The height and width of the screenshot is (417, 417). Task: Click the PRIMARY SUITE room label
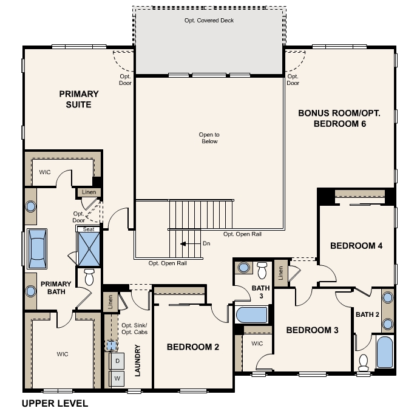[x=79, y=99]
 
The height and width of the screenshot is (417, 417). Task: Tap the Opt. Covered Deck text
[x=209, y=21]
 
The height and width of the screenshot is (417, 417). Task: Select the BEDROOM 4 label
[x=356, y=246]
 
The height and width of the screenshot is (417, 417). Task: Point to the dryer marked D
[x=117, y=361]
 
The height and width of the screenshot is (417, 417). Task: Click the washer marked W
[x=117, y=378]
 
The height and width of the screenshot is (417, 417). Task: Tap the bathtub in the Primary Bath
[x=37, y=249]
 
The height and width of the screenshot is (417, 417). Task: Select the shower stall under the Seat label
[x=89, y=249]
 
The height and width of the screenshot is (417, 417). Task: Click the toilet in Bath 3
[x=262, y=270]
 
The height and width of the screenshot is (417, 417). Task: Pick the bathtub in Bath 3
[x=251, y=315]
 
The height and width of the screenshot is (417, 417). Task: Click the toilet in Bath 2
[x=363, y=363]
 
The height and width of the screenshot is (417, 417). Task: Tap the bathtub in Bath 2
[x=385, y=352]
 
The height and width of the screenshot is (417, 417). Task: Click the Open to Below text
[x=209, y=138]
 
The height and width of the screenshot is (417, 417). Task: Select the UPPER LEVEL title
[x=55, y=404]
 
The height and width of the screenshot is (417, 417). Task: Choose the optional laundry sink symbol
[x=112, y=345]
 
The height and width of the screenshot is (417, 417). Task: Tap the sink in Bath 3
[x=243, y=268]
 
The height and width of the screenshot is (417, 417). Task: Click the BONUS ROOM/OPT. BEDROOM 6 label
[x=339, y=118]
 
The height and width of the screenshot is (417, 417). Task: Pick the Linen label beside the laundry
[x=110, y=302]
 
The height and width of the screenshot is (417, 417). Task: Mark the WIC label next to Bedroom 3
[x=257, y=344]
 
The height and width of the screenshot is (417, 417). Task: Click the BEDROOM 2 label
[x=193, y=347]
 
